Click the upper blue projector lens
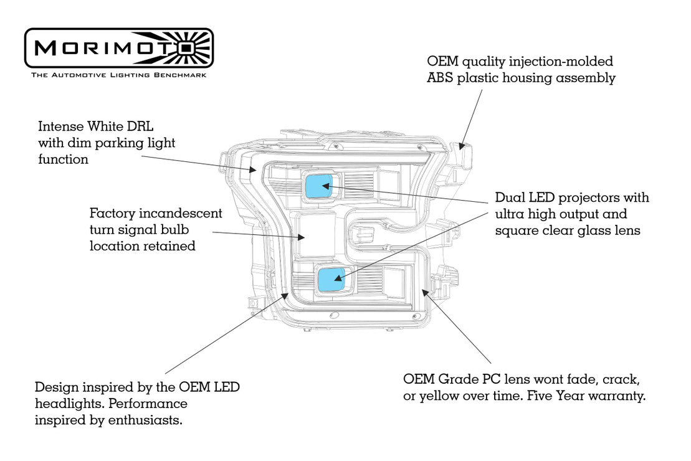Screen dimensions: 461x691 (318, 185)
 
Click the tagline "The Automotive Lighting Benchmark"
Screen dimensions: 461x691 (118, 75)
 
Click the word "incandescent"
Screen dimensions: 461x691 (181, 214)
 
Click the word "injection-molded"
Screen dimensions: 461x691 (562, 62)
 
